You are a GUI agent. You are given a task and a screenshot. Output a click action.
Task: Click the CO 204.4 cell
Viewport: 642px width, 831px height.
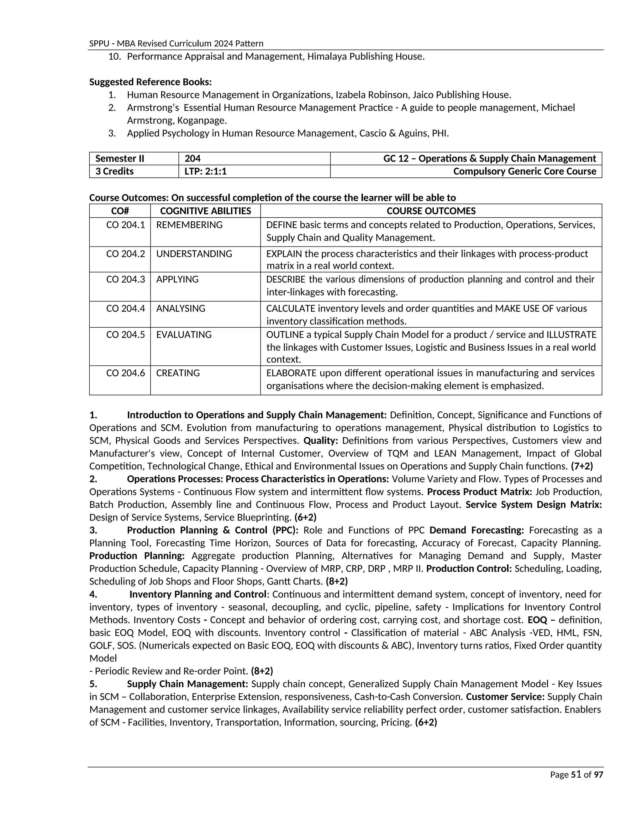[125, 309]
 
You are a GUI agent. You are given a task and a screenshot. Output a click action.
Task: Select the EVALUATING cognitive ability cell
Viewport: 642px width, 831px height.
[184, 335]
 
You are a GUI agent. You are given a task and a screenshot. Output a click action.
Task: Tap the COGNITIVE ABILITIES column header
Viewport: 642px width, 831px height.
[205, 211]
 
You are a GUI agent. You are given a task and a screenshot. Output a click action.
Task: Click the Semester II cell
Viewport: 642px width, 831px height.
[120, 159]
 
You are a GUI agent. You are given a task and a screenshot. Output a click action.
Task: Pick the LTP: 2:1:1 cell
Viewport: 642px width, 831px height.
[205, 172]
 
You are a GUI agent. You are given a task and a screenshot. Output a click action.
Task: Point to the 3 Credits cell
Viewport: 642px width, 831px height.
[114, 172]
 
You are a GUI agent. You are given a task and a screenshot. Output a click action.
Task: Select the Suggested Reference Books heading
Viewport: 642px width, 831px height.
[150, 82]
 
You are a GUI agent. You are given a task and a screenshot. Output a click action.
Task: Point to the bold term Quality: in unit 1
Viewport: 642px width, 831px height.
[321, 441]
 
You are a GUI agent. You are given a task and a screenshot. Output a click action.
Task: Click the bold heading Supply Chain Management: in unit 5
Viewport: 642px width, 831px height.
[187, 684]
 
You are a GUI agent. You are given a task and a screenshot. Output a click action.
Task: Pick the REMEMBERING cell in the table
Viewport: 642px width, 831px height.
[189, 225]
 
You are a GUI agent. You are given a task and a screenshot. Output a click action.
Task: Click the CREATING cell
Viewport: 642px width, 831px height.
[178, 373]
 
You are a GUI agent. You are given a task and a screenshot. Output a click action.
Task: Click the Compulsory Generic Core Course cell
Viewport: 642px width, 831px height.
[524, 172]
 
